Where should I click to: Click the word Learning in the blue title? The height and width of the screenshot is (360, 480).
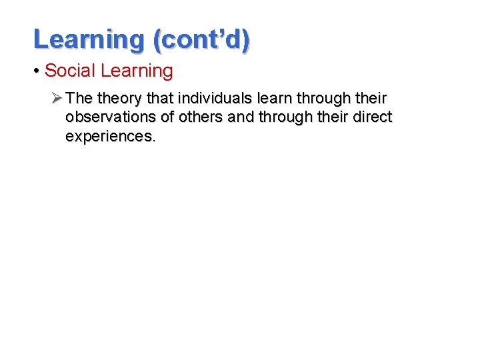click(x=88, y=39)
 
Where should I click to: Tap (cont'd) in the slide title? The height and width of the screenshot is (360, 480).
click(x=201, y=39)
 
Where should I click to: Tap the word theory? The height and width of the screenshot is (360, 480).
click(x=120, y=99)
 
